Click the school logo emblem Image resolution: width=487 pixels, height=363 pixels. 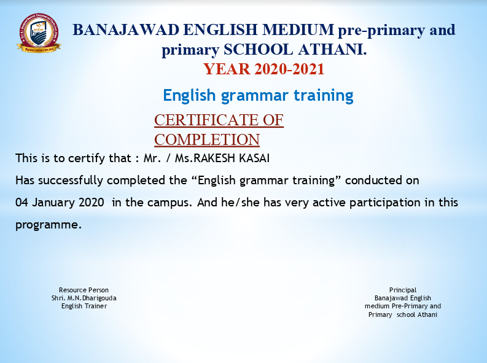point(39,33)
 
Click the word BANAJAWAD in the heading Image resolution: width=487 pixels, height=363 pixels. point(126,30)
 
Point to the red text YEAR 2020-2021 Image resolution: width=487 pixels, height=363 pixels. point(264,69)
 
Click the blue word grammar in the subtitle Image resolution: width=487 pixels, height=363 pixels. point(255,96)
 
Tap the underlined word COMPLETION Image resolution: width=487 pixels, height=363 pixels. point(207,140)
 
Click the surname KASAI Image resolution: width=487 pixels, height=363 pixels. point(254,158)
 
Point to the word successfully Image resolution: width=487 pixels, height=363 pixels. point(71,181)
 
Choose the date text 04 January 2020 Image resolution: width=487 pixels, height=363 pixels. point(60,203)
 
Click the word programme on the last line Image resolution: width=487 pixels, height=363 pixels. point(49,225)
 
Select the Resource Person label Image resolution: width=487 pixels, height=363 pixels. point(84,290)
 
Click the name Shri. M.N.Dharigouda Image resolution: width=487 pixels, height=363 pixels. point(84,298)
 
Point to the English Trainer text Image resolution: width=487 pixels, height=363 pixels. point(84,306)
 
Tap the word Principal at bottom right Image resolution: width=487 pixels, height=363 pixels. point(403,290)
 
